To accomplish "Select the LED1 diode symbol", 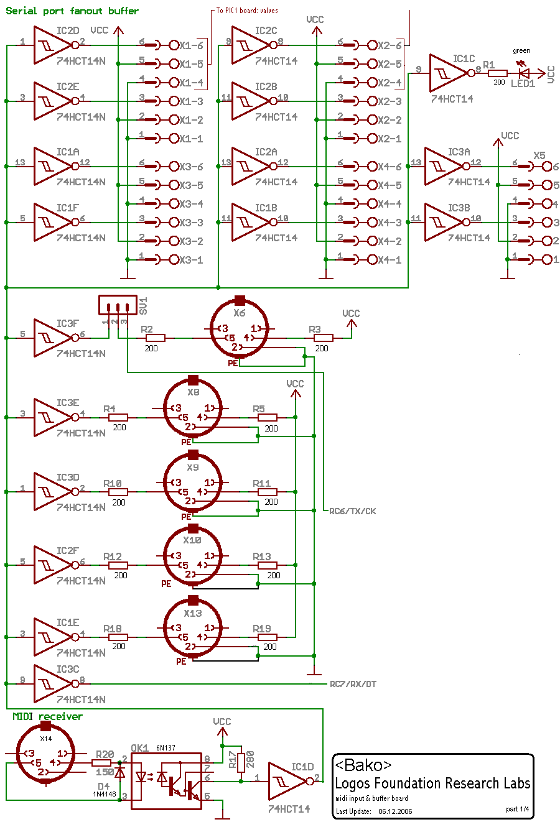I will click(x=525, y=73).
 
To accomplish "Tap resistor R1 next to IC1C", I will click(x=498, y=73).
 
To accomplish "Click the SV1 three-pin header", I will click(x=116, y=305).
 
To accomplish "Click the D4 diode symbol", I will click(x=119, y=773).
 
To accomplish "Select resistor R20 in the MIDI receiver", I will click(x=101, y=762).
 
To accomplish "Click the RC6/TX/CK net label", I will click(x=352, y=511).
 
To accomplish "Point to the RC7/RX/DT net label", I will click(x=352, y=684).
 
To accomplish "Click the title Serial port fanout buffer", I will click(x=72, y=11).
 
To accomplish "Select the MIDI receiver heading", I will click(x=47, y=716).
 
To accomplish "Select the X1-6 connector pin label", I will click(x=191, y=45).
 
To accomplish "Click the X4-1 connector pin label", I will click(x=390, y=260).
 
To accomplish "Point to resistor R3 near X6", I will click(x=323, y=338).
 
